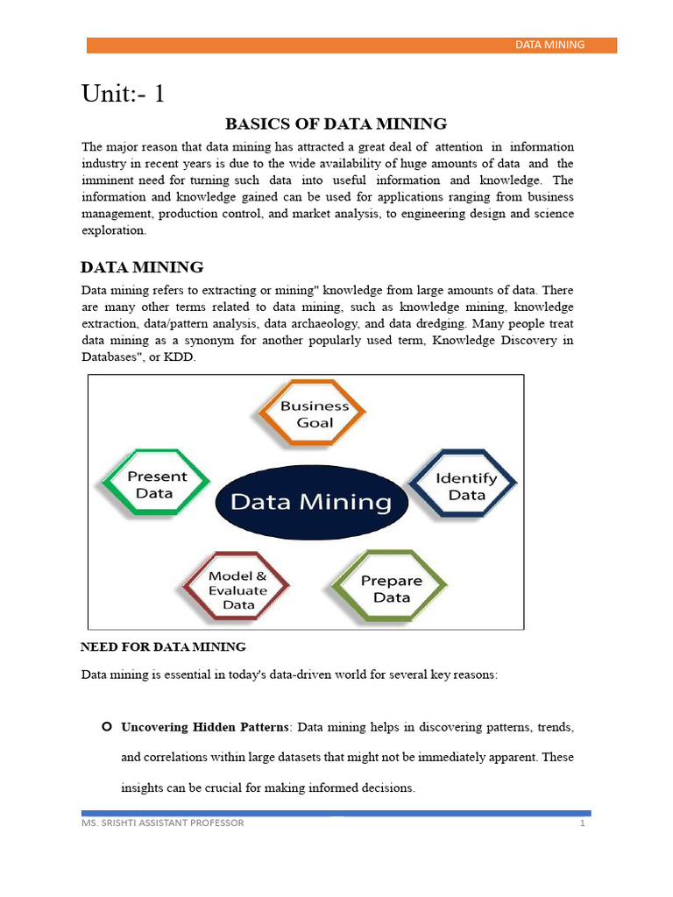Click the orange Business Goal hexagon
314,414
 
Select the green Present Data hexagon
157,485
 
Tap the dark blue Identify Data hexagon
465,486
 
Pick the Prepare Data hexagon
391,589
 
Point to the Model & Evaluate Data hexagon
237,590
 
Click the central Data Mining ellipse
310,502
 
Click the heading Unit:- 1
123,94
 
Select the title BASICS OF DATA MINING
336,124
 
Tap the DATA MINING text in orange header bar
549,45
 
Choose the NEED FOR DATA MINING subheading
163,647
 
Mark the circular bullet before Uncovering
106,727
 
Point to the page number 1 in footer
581,823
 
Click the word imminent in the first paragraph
107,180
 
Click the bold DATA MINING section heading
142,267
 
